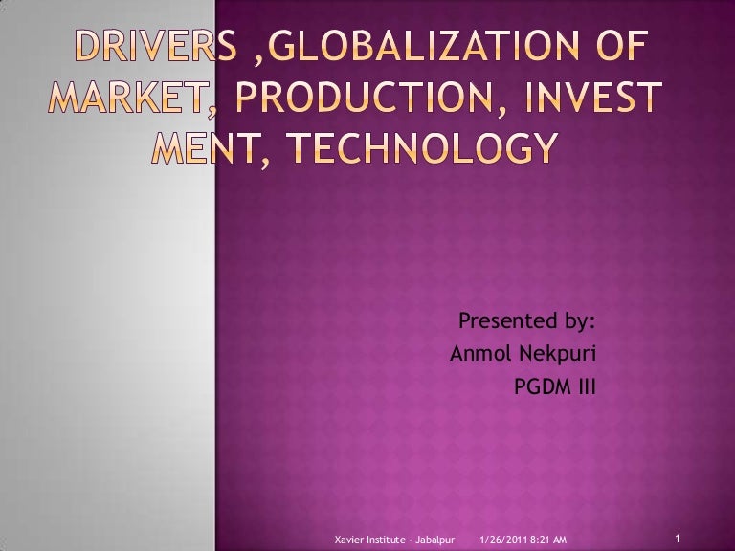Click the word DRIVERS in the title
(156, 46)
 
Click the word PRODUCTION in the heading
(365, 97)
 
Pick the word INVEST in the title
(593, 97)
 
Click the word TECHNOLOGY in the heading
(423, 147)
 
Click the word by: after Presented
(574, 321)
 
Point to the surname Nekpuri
(557, 354)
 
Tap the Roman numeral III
(585, 387)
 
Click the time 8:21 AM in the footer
(548, 540)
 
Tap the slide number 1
(678, 538)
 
